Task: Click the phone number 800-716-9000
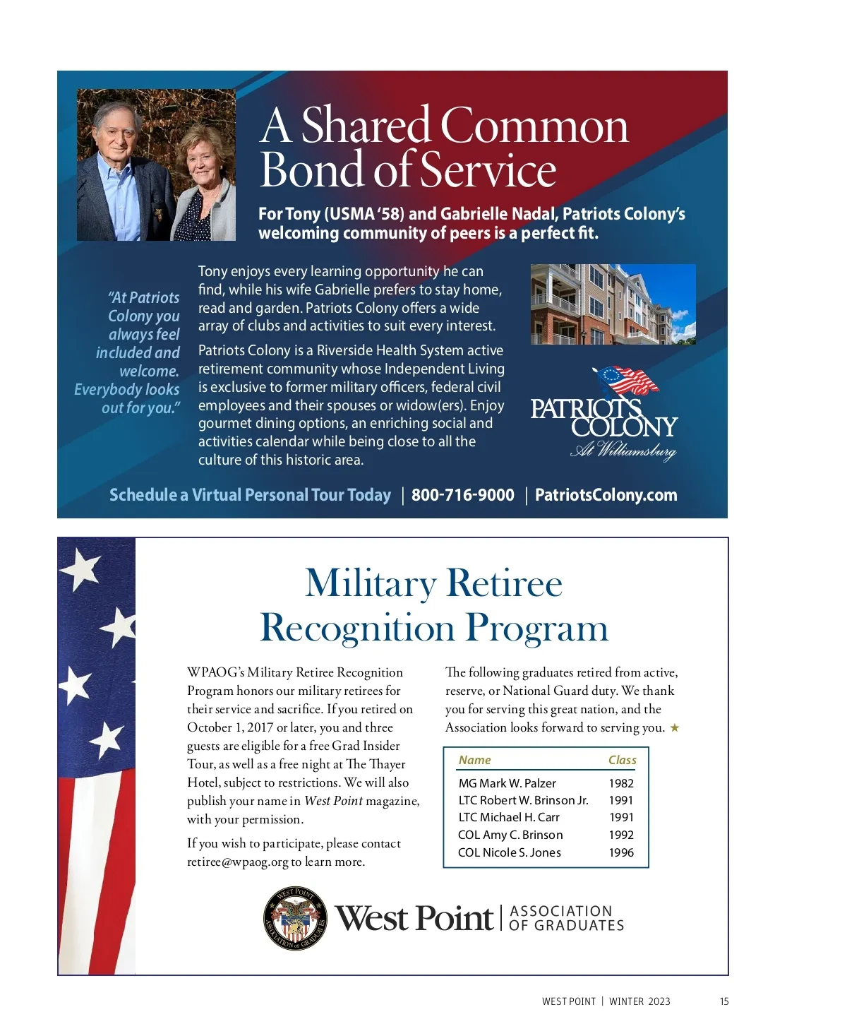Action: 462,495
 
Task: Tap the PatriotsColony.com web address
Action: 606,495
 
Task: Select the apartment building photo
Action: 613,304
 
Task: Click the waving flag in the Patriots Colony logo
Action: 627,381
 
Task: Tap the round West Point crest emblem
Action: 295,918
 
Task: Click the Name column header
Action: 474,760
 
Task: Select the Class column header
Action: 622,760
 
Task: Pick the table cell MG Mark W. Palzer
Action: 507,783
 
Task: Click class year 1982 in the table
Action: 621,783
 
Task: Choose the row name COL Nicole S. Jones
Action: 509,852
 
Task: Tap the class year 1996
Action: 621,852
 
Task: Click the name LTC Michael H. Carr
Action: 508,817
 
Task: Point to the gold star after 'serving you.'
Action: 675,727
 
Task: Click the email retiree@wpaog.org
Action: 237,862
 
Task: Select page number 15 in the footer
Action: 724,1001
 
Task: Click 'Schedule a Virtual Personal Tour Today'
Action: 250,495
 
